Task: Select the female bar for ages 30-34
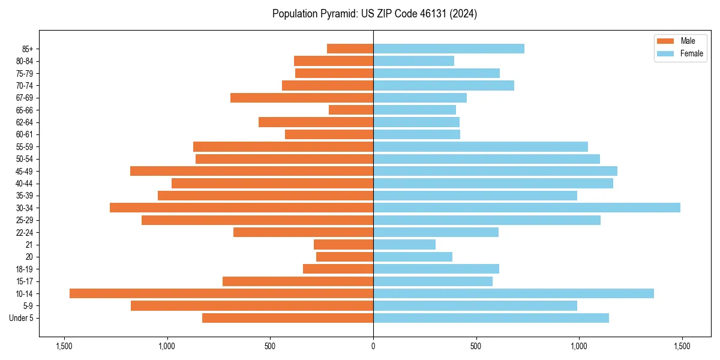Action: point(527,208)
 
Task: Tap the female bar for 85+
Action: point(449,49)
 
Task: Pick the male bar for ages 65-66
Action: point(351,110)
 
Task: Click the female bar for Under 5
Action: point(491,318)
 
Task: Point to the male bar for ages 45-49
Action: point(251,171)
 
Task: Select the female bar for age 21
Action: point(404,244)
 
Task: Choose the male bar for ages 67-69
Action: point(302,98)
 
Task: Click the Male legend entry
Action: point(688,41)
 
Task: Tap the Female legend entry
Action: point(691,53)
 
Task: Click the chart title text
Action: point(374,14)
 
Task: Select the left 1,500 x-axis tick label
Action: point(64,347)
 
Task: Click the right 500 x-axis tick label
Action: point(476,347)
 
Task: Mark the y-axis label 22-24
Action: point(25,232)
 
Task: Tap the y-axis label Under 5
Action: point(22,318)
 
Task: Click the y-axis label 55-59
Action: point(25,146)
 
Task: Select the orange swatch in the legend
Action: point(665,41)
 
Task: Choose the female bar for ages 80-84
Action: point(413,61)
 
